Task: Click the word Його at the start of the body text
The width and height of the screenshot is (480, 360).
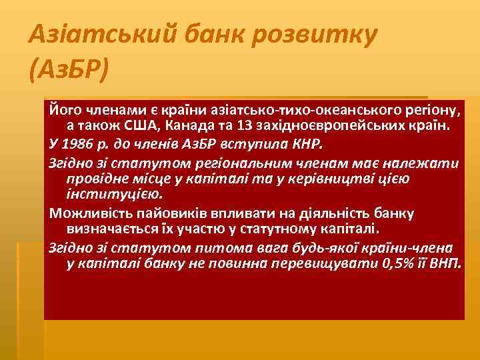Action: (x=63, y=109)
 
